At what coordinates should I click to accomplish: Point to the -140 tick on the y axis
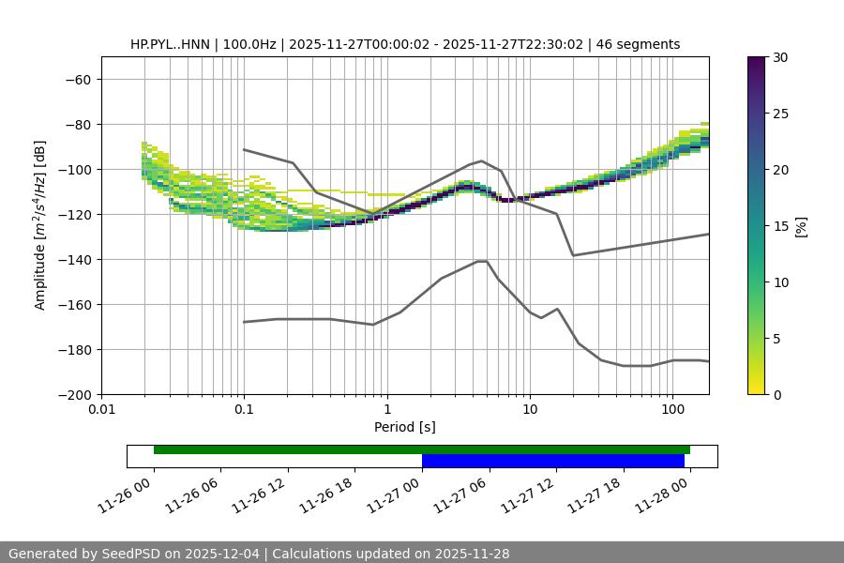[75, 260]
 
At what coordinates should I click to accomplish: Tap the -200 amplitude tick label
[75, 395]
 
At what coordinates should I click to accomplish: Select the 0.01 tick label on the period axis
[101, 410]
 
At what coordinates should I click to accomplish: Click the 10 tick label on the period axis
[530, 410]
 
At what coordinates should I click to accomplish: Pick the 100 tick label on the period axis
[672, 410]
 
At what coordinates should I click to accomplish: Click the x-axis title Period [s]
[405, 427]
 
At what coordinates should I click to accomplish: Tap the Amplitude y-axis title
[40, 225]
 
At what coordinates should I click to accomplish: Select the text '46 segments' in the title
[644, 44]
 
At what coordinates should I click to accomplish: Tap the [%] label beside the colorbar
[800, 226]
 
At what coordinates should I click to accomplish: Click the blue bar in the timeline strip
[552, 461]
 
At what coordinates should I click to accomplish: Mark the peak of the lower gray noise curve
[482, 261]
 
